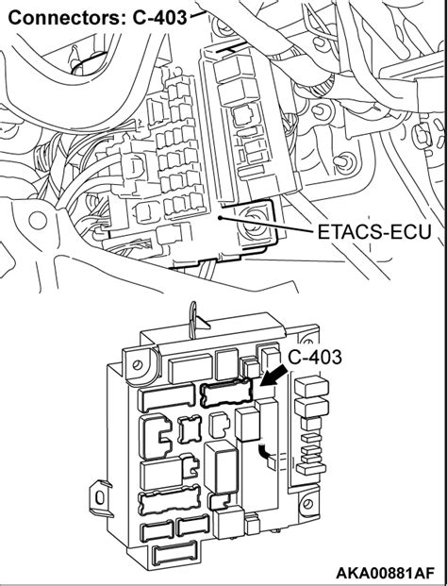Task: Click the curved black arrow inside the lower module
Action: [x=267, y=456]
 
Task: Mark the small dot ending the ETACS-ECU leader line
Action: [x=220, y=216]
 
